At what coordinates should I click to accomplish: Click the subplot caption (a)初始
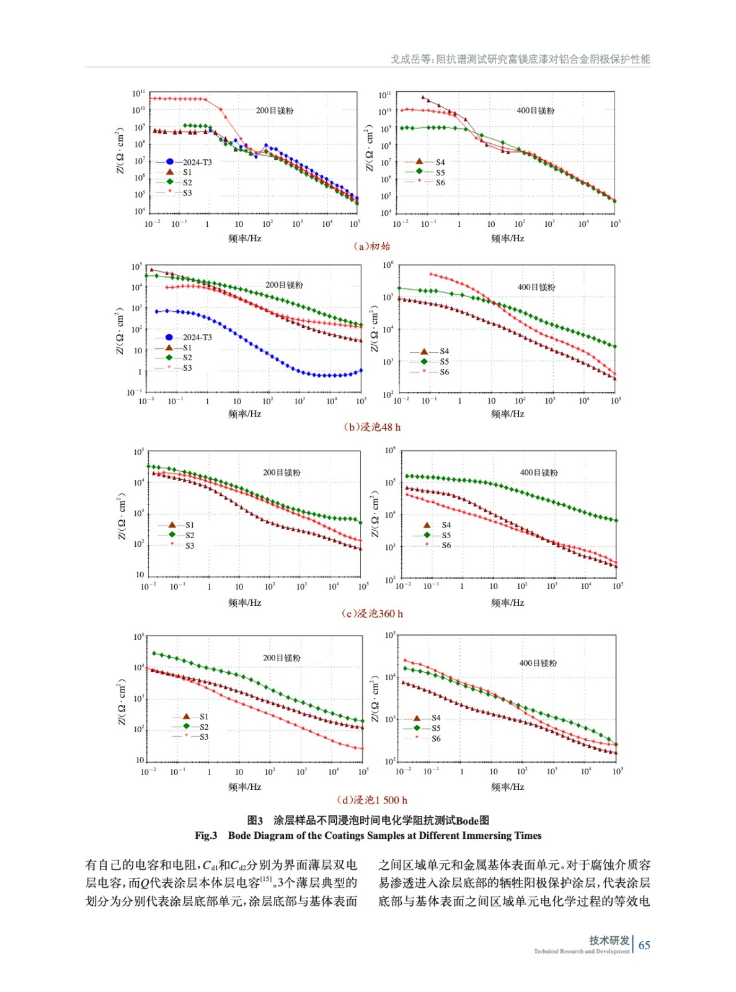point(372,246)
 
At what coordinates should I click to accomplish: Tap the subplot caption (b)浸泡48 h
point(372,427)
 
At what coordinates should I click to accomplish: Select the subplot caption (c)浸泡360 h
point(372,613)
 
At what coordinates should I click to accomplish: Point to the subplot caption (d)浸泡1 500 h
point(372,800)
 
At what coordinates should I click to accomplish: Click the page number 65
point(644,945)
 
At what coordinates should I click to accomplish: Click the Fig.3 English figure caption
point(368,835)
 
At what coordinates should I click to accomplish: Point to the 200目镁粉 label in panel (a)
point(275,110)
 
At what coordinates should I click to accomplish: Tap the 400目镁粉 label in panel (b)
point(536,287)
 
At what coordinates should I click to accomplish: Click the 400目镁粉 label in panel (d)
point(538,663)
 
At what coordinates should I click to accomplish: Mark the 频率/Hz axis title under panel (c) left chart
point(244,602)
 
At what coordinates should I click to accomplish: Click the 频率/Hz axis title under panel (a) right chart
point(507,238)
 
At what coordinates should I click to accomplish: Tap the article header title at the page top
point(520,59)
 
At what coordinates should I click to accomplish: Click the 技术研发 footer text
point(609,940)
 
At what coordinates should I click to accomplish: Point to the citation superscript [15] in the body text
point(266,879)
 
